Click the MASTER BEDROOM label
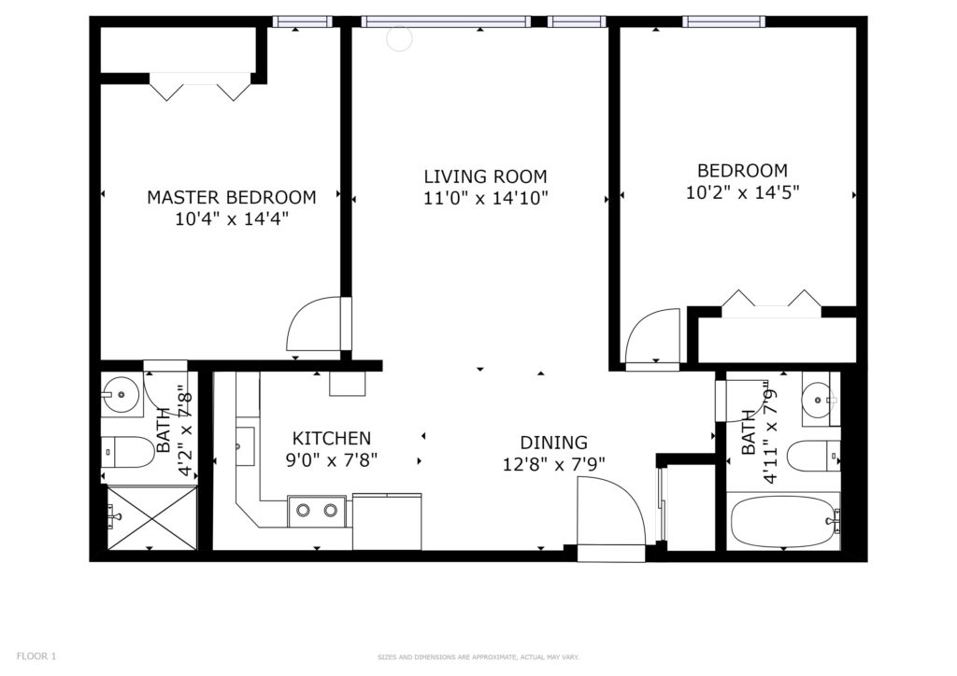(x=232, y=198)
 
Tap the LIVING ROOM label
(x=486, y=176)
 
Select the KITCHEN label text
(x=332, y=438)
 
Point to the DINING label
(x=553, y=443)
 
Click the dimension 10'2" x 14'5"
(x=743, y=192)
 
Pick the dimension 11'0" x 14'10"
(x=486, y=198)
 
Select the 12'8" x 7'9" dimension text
(x=553, y=464)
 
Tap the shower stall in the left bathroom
(x=152, y=516)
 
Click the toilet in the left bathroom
(x=127, y=452)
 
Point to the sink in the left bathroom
(x=122, y=395)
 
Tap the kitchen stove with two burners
(x=317, y=510)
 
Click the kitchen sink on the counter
(x=245, y=446)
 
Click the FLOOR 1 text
(x=36, y=656)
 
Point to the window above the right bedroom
(x=724, y=22)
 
